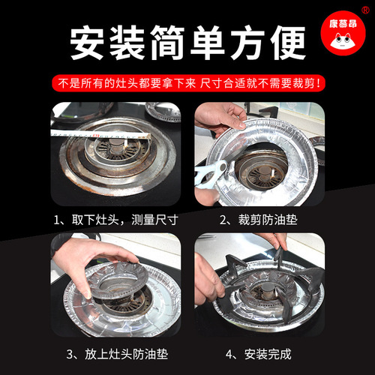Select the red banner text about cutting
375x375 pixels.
[187, 82]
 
